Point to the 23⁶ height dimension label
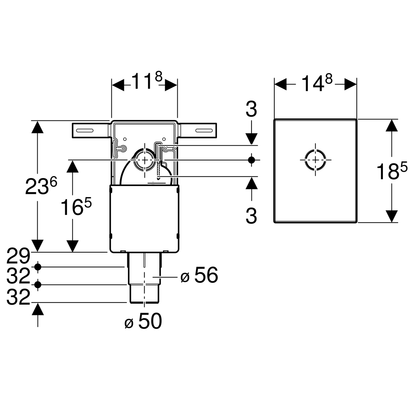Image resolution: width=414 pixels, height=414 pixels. click(x=41, y=186)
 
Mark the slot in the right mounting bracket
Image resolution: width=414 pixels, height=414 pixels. click(x=205, y=130)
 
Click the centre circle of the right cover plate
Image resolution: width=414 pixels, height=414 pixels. click(x=315, y=160)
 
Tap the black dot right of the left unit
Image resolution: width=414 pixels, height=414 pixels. click(x=252, y=160)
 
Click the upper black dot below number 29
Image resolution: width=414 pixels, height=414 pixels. click(x=38, y=267)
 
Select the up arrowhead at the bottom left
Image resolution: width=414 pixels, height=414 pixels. click(x=38, y=309)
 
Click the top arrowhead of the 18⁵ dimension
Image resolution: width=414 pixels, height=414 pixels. click(x=391, y=126)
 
